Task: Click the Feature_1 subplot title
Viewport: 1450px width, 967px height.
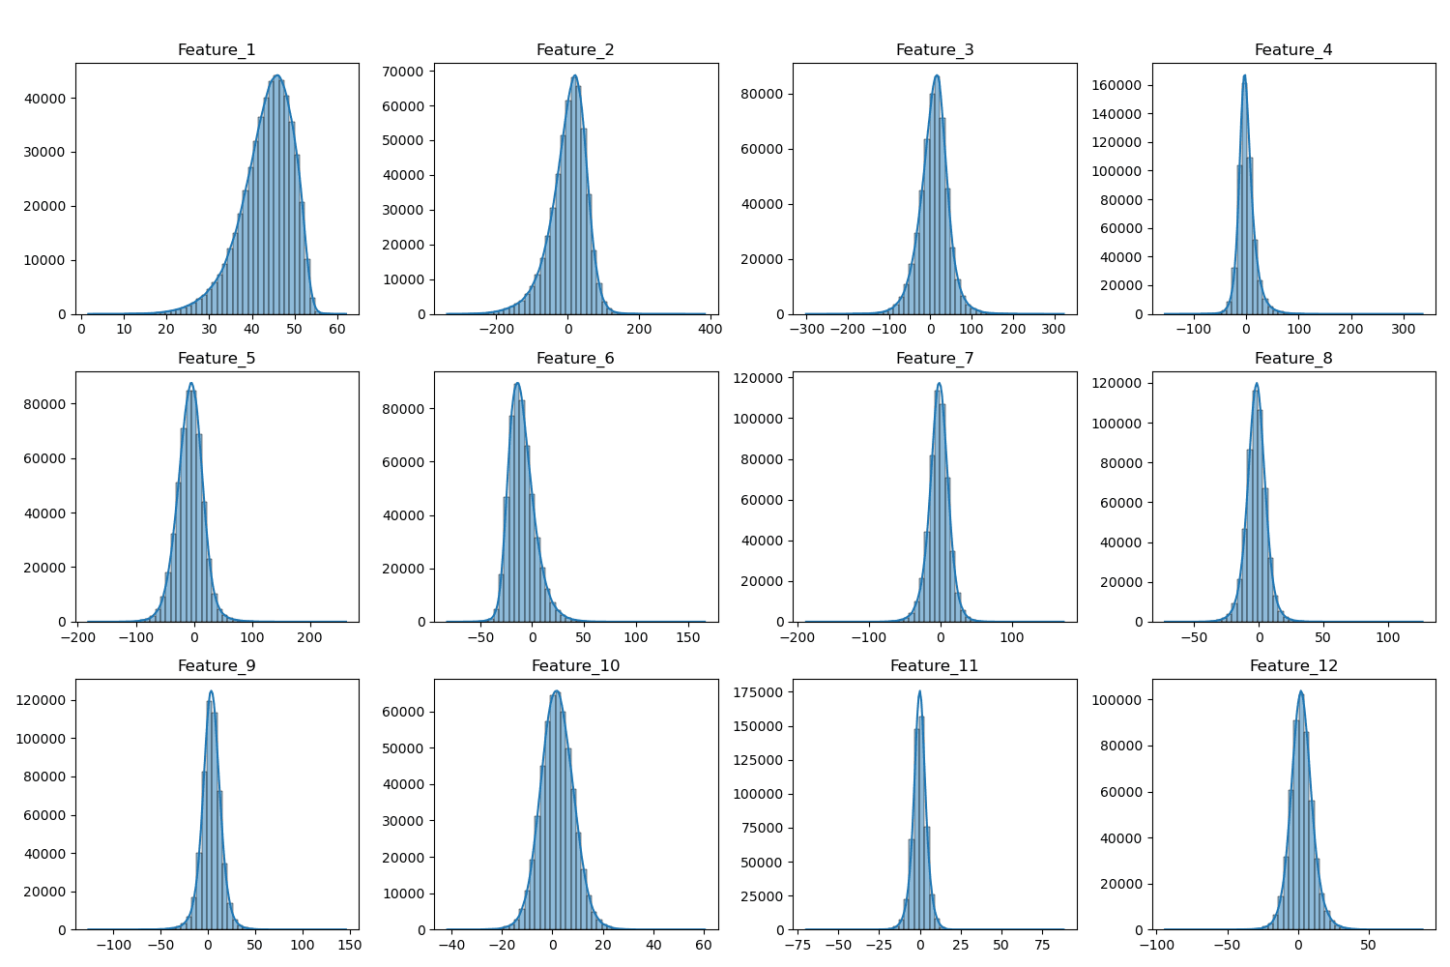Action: [x=217, y=50]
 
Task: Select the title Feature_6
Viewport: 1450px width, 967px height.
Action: [x=575, y=359]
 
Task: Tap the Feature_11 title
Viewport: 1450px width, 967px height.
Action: [x=934, y=666]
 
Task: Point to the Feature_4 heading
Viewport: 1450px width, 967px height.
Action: [x=1292, y=50]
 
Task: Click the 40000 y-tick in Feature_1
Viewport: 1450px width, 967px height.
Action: [x=46, y=99]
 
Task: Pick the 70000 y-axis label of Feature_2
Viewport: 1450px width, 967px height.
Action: [x=405, y=72]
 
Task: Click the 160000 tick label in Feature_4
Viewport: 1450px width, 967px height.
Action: [x=1116, y=85]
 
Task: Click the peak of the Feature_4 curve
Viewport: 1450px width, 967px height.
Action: [x=1244, y=75]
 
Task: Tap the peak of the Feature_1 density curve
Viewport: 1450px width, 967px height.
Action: [x=276, y=75]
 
